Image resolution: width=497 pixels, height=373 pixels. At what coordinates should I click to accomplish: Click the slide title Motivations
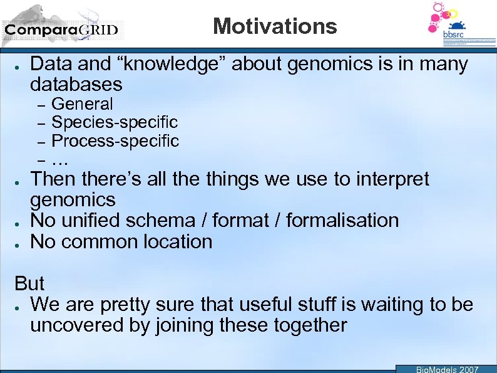click(275, 26)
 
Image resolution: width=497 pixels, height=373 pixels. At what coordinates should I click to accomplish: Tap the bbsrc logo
click(453, 25)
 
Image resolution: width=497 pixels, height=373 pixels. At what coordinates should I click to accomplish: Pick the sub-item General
click(82, 104)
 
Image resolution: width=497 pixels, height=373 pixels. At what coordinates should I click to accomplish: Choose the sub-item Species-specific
click(114, 122)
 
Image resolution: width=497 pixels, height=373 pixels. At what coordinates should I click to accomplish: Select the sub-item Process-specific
click(115, 141)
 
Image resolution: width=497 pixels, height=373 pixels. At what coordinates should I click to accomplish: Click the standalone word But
click(29, 283)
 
